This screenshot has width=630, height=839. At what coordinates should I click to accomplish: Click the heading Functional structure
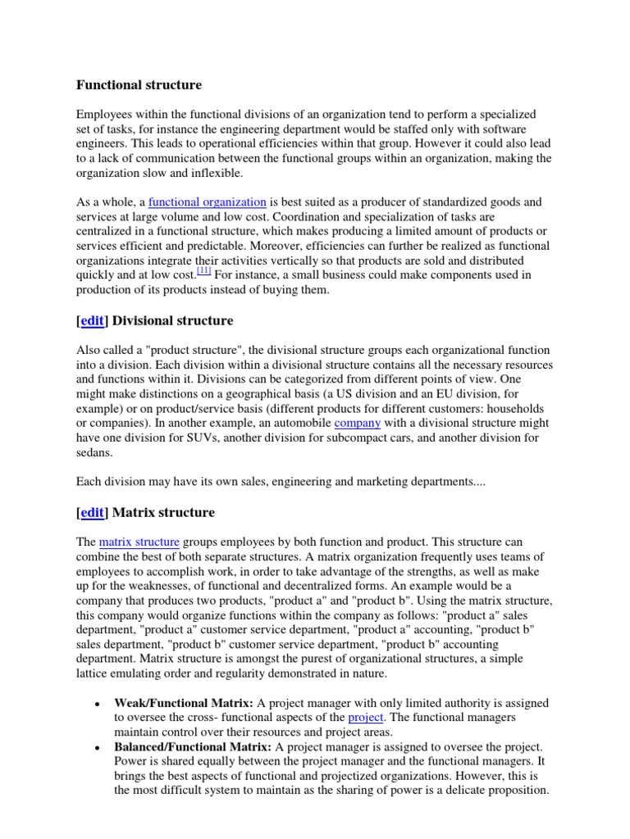pos(139,84)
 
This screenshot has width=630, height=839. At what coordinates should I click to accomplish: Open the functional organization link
pos(208,202)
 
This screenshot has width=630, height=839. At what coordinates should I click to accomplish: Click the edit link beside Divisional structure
pos(93,320)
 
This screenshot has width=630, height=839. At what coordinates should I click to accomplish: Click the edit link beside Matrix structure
pos(93,512)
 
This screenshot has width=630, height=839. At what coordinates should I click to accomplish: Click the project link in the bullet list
pos(366,718)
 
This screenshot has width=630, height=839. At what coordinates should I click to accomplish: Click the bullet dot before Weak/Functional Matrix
pos(98,704)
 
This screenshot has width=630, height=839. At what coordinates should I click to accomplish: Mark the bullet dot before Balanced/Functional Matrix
pos(98,748)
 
